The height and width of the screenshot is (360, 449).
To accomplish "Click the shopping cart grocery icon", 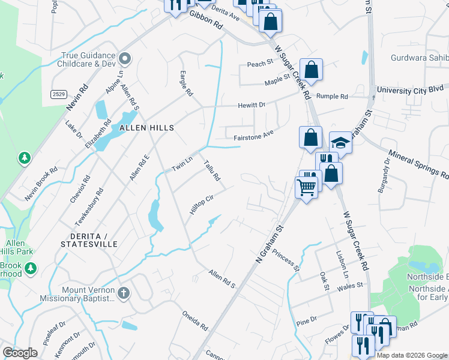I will coord(307,188).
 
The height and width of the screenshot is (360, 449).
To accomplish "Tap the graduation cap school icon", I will coord(340,143).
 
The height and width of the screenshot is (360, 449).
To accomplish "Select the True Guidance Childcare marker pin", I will coord(125,59).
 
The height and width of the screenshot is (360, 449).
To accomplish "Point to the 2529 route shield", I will coord(58,94).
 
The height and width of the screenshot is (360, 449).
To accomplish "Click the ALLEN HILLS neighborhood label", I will coord(146,128).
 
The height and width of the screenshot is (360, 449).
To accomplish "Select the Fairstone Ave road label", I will coord(253,137).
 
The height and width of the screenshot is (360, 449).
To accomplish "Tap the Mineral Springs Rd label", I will coord(419,166).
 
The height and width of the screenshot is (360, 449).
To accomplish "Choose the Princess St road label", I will coord(285,262).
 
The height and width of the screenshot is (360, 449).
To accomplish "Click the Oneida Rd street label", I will coord(195,320).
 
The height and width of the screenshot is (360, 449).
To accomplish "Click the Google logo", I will coord(19,353).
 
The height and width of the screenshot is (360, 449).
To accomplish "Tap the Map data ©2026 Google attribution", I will coord(412,355).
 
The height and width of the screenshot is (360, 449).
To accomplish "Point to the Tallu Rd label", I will coord(212,170).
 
